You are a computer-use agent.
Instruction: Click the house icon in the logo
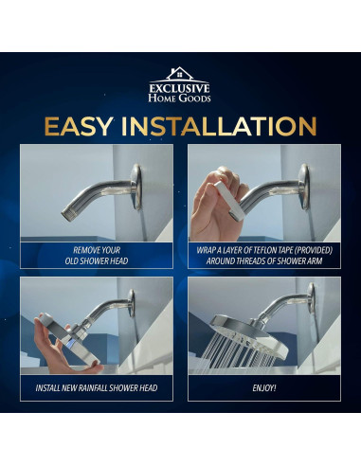[x=179, y=74]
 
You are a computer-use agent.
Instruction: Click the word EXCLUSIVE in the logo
[x=179, y=88]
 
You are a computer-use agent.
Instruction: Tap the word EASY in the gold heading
[x=79, y=126]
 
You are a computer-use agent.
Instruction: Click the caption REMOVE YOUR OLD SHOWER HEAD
[x=97, y=256]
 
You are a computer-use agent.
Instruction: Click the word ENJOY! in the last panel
[x=264, y=388]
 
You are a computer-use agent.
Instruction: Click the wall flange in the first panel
[x=136, y=187]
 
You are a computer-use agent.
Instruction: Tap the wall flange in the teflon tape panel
[x=304, y=187]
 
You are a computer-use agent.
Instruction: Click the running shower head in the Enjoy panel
[x=249, y=334]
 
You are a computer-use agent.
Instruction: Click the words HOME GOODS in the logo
[x=179, y=99]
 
